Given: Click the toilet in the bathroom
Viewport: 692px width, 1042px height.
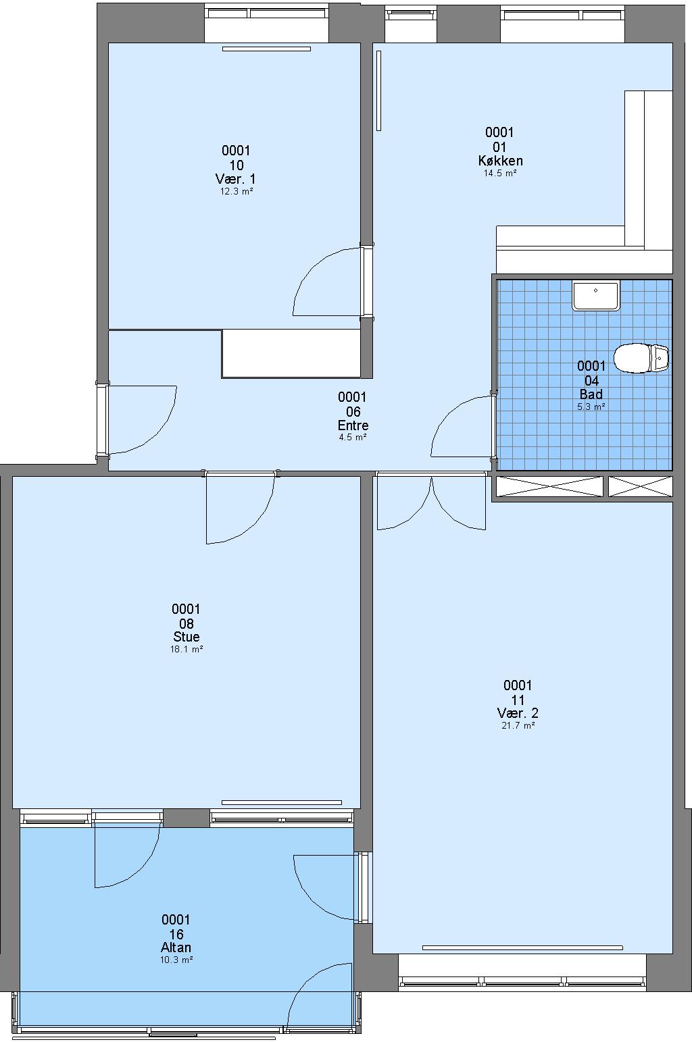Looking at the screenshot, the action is coord(641,358).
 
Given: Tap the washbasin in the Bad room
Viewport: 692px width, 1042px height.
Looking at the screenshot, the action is coord(595,296).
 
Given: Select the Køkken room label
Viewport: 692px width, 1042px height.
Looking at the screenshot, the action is coord(500,161).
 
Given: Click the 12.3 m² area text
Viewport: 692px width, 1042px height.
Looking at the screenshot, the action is coord(237,191).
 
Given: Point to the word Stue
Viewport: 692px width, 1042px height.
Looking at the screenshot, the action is coord(186,636).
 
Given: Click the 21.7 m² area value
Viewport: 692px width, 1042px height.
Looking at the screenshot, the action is coord(518,725).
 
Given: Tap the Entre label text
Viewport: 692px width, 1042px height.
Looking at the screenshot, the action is coord(353,425).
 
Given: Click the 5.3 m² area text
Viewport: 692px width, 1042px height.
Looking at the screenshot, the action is coord(591,406).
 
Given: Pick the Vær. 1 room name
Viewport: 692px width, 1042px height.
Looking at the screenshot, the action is coord(236,179).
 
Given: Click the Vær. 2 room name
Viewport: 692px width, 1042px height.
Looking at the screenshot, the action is coord(518,712).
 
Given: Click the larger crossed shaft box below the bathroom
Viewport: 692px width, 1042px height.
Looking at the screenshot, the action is coord(549,486).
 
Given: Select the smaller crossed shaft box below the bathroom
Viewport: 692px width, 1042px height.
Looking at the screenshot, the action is coord(641,486).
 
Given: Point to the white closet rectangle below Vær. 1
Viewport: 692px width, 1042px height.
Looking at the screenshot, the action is coord(291,353).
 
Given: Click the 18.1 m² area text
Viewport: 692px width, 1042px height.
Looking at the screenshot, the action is coord(186,649).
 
